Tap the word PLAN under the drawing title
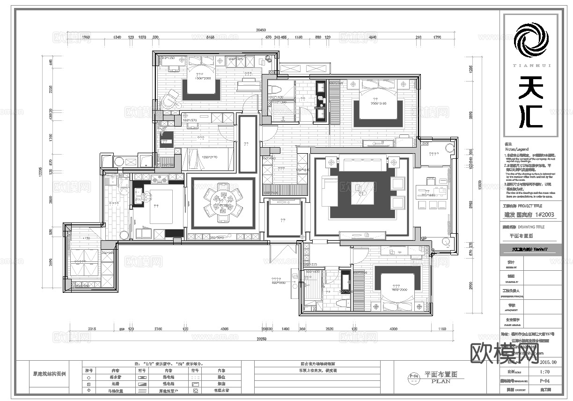[440, 381]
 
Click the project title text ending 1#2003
[529, 215]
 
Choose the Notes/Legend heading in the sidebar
[516, 149]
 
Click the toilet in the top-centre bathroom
[275, 90]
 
